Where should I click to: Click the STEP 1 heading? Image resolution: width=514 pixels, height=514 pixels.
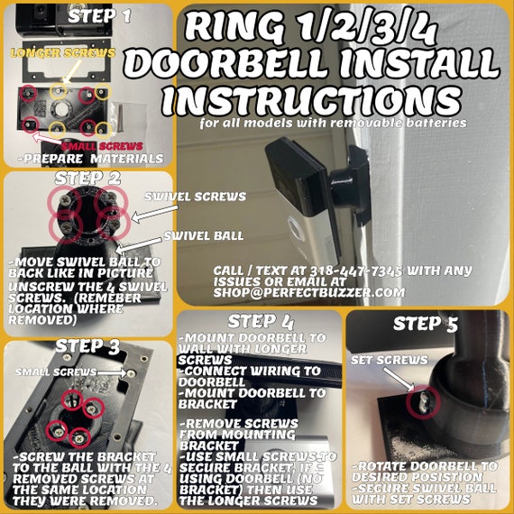point(99,16)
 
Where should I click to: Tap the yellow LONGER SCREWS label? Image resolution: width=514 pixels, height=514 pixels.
point(63,53)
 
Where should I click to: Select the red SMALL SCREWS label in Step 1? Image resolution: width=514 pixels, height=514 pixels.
point(102,146)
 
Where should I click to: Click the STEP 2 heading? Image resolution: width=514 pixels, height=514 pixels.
point(87,179)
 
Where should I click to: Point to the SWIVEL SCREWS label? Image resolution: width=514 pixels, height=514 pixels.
point(196,197)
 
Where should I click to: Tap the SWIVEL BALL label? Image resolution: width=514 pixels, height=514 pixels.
point(204,235)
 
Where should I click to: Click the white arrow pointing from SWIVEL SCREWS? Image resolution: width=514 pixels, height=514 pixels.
point(154,214)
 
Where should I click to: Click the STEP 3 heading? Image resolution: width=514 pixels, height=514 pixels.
point(87,347)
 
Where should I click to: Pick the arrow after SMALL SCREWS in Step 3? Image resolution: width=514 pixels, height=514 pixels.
point(112,372)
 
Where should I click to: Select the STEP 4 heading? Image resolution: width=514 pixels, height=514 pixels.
point(261,322)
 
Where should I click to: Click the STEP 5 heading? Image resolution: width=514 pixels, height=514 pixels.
point(425,325)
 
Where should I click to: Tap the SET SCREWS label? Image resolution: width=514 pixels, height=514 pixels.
point(390,361)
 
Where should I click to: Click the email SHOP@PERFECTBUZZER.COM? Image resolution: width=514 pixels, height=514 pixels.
point(309,293)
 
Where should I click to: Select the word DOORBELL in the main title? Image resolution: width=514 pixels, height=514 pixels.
point(226,64)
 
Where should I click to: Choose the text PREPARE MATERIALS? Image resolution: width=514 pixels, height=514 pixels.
point(90,159)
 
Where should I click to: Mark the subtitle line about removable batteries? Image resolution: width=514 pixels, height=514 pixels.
point(333,123)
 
